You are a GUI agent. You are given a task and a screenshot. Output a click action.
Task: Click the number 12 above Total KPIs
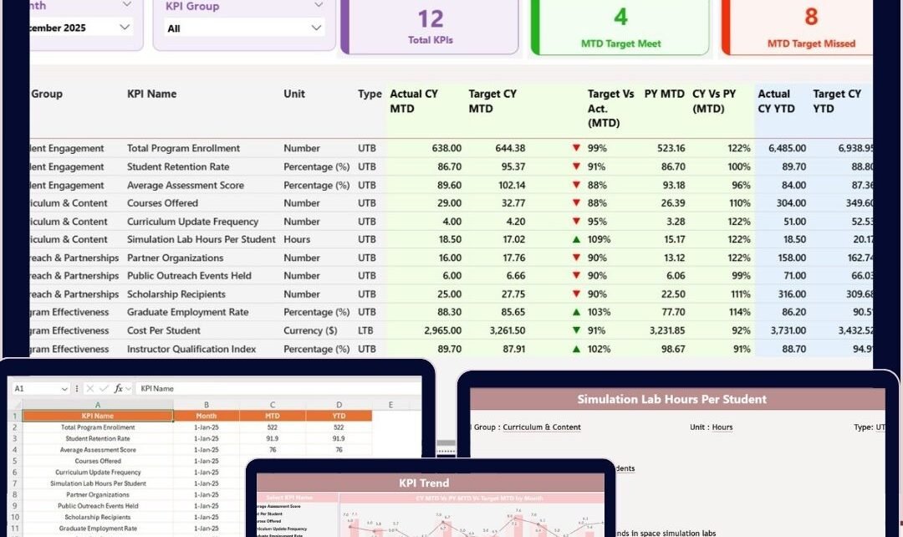tap(430, 18)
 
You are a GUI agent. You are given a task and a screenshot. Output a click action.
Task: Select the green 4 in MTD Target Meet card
tap(620, 17)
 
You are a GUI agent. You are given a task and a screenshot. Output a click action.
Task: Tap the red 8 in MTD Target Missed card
tap(811, 17)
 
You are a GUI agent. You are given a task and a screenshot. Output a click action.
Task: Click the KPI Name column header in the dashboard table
tap(151, 94)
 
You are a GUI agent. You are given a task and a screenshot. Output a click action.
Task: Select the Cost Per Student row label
tap(165, 330)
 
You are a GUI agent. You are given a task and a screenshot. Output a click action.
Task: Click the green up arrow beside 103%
tap(575, 312)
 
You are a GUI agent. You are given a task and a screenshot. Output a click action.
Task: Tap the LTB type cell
tap(367, 330)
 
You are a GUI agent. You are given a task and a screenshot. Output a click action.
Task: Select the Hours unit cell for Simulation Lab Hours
tap(297, 239)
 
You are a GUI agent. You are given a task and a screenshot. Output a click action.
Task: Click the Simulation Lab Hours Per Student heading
tap(671, 399)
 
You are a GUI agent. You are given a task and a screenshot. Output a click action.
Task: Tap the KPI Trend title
tap(423, 483)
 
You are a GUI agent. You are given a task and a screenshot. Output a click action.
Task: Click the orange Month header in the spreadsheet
tap(206, 416)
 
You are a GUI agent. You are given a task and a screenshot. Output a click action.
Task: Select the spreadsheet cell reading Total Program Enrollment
tap(98, 427)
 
